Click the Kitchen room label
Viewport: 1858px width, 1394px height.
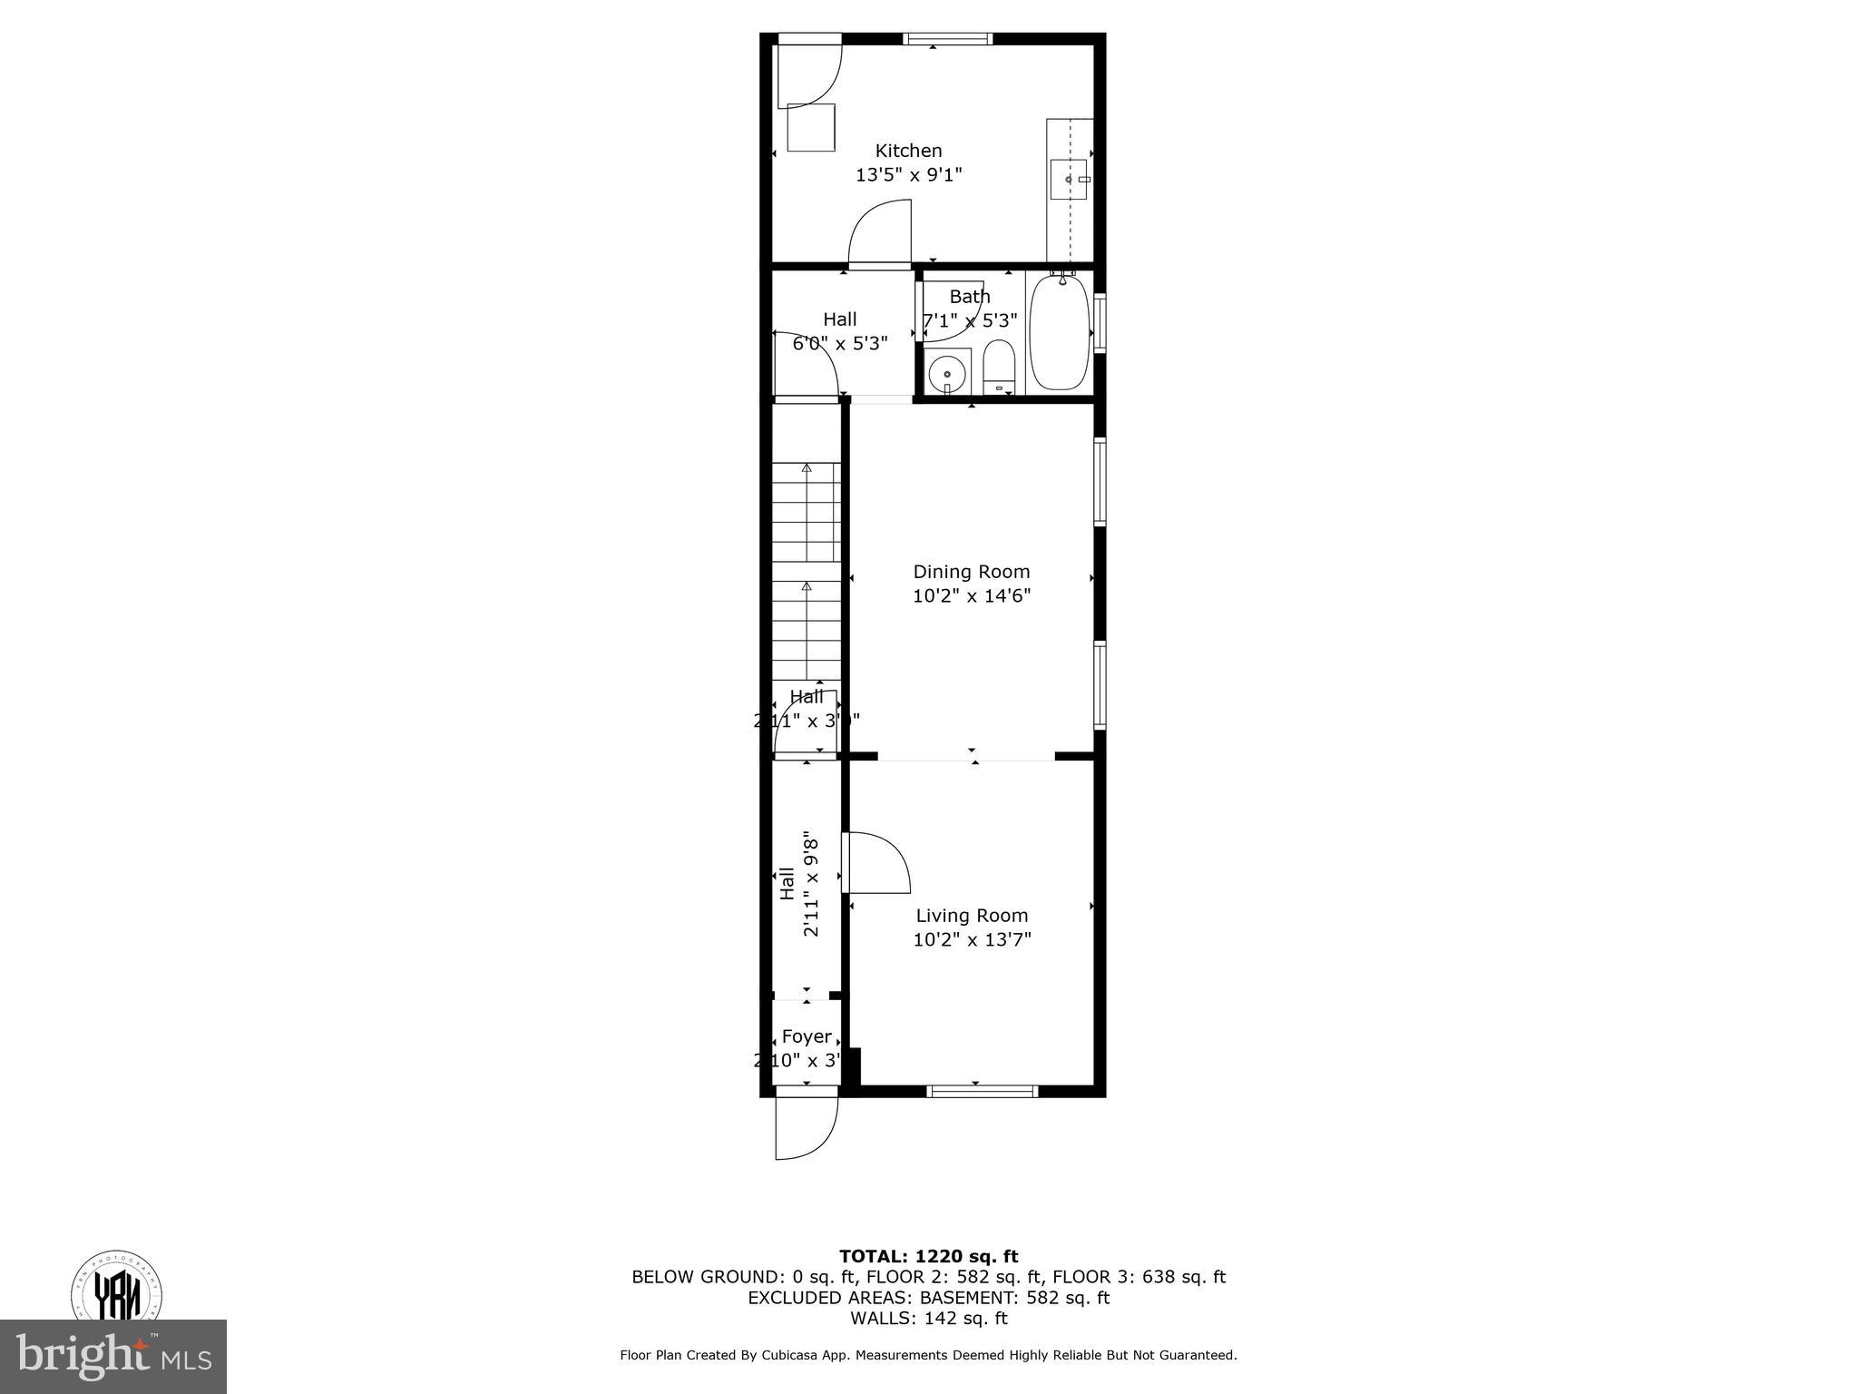[x=908, y=151]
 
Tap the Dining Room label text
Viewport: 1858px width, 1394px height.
[x=971, y=572]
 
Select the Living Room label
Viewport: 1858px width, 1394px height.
[x=972, y=916]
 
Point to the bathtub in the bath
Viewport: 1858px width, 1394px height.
[x=1059, y=334]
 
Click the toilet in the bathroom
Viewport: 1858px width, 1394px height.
[x=998, y=367]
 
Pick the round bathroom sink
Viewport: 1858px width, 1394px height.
[x=947, y=373]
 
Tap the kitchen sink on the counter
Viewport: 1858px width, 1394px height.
[x=1070, y=180]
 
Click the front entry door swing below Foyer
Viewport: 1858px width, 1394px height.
[x=806, y=1128]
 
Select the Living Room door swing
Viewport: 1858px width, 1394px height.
[x=875, y=862]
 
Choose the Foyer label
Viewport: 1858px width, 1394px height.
[x=807, y=1036]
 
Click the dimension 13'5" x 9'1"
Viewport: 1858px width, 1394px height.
[x=908, y=174]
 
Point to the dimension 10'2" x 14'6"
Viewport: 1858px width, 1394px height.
[x=972, y=596]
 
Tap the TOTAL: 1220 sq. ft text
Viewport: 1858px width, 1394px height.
[x=928, y=1257]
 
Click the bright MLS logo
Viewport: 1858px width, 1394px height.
[x=113, y=1357]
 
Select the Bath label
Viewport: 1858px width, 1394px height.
[x=970, y=297]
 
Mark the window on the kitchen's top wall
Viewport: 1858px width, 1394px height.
[x=948, y=39]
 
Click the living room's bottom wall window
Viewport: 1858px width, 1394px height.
[x=982, y=1091]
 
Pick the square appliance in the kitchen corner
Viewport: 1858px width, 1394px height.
[x=810, y=127]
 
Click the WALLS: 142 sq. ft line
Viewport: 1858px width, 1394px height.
[x=928, y=1319]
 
